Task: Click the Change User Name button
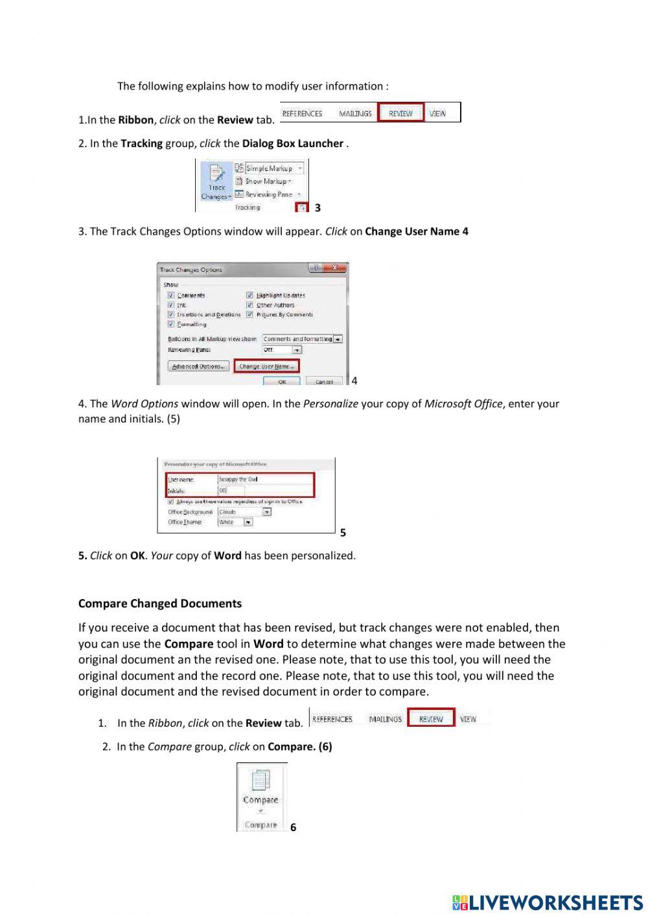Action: pyautogui.click(x=266, y=366)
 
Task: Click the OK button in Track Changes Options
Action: pyautogui.click(x=282, y=381)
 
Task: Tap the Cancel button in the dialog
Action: pyautogui.click(x=324, y=381)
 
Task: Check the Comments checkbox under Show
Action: pyautogui.click(x=171, y=296)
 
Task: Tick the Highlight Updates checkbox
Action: pyautogui.click(x=249, y=296)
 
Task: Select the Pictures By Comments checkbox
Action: pyautogui.click(x=249, y=314)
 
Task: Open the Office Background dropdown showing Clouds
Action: pyautogui.click(x=266, y=512)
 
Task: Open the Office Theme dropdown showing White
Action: pyautogui.click(x=248, y=523)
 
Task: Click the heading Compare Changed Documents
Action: pyautogui.click(x=159, y=604)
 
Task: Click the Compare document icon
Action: pyautogui.click(x=260, y=780)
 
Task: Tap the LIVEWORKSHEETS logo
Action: pyautogui.click(x=548, y=902)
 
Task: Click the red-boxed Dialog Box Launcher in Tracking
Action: pyautogui.click(x=301, y=207)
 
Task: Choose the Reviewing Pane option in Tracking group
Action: pyautogui.click(x=268, y=194)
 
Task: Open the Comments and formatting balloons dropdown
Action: pyautogui.click(x=338, y=339)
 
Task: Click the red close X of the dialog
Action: pyautogui.click(x=334, y=268)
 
